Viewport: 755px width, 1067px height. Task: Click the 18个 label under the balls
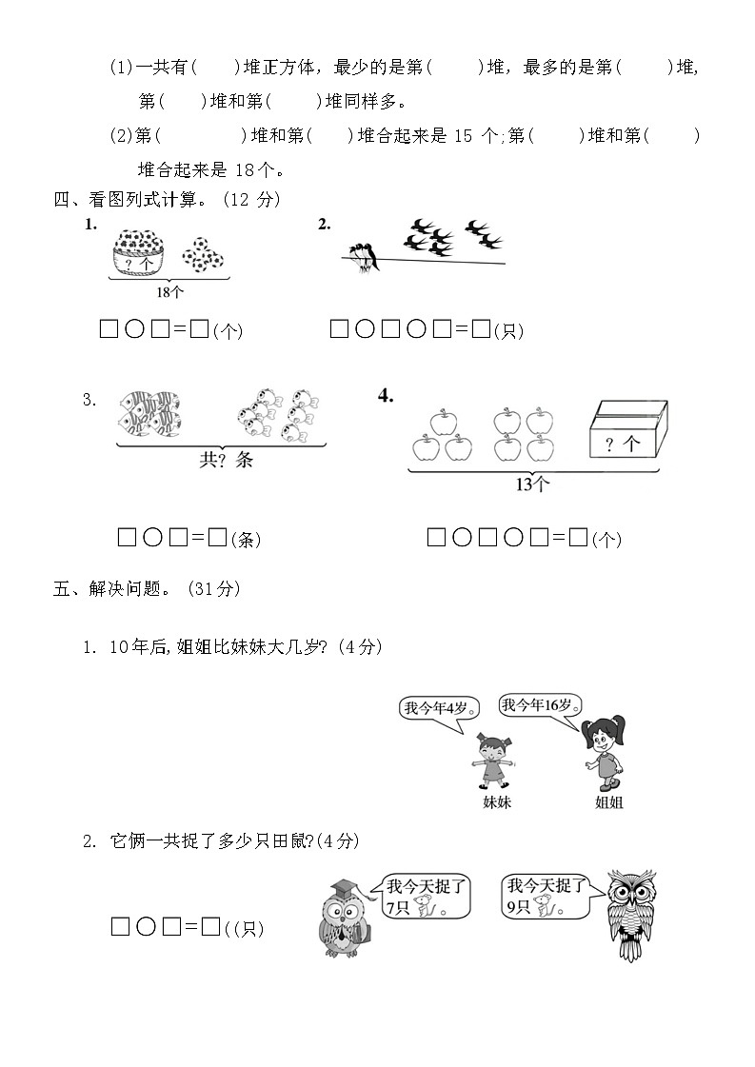(169, 292)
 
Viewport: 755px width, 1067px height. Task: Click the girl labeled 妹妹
(495, 761)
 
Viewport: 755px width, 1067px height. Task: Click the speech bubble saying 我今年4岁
(437, 708)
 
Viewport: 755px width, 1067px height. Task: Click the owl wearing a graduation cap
(346, 919)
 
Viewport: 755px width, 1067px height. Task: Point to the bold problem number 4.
(386, 396)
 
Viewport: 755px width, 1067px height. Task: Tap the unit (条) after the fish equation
(247, 540)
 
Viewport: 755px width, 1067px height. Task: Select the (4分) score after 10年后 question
(359, 647)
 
